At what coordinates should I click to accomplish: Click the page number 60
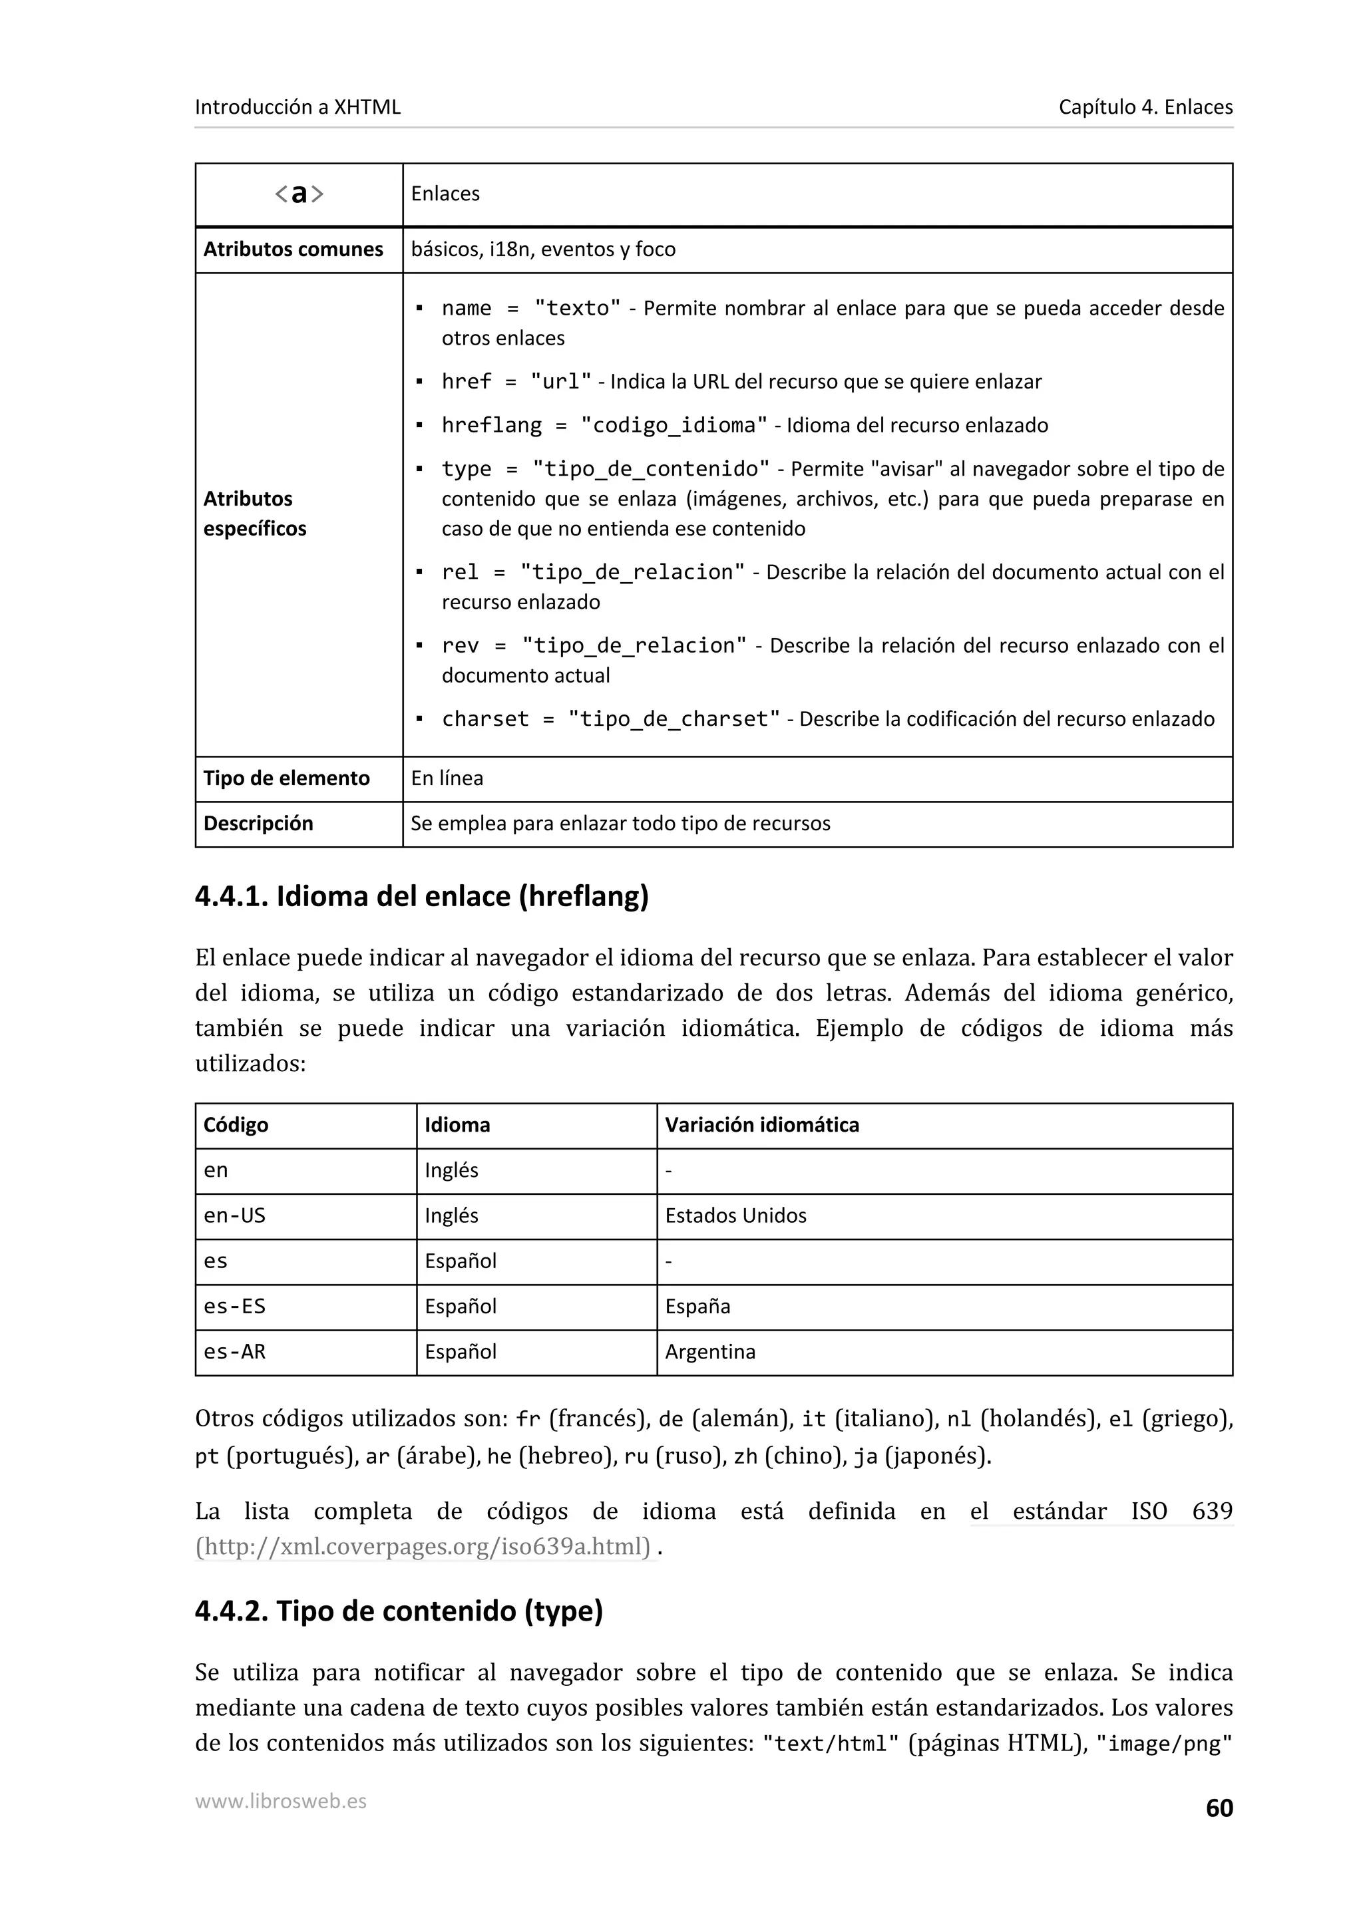click(1219, 1808)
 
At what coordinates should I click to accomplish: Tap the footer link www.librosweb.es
click(280, 1800)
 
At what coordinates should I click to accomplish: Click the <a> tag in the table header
click(299, 194)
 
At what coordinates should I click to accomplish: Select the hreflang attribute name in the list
click(491, 425)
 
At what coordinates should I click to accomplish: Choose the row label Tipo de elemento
click(286, 778)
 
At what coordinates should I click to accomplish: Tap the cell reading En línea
click(447, 778)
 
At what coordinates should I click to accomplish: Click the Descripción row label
click(258, 824)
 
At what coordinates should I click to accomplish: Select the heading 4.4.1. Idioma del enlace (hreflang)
click(421, 897)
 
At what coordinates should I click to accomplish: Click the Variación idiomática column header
click(762, 1125)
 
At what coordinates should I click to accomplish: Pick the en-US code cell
click(234, 1216)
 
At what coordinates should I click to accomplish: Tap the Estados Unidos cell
click(735, 1216)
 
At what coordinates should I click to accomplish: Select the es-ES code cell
click(234, 1307)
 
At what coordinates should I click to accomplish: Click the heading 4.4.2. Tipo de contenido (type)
click(399, 1611)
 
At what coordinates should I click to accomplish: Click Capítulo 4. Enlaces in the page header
click(1145, 108)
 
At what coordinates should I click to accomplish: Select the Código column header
click(236, 1125)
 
